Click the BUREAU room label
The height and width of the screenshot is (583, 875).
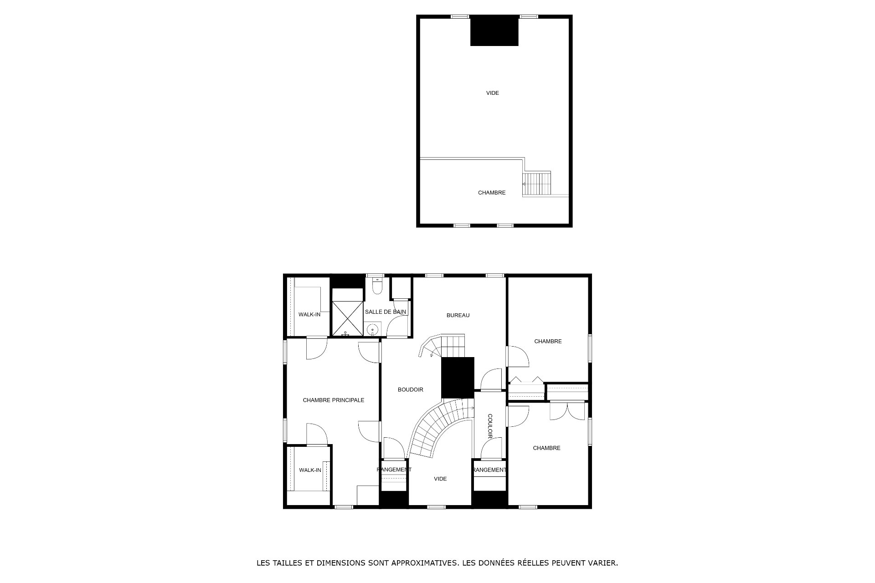pos(458,315)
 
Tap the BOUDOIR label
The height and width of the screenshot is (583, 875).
pos(411,389)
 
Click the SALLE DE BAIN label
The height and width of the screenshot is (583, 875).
pos(386,312)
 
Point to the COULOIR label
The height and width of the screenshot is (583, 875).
pos(490,426)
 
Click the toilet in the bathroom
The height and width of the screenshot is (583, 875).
pos(377,286)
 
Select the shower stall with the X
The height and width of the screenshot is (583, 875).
pos(347,318)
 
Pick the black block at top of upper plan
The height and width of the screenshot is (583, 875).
pos(494,31)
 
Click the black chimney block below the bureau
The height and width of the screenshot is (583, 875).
pos(458,378)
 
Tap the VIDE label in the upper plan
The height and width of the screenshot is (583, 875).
pos(493,93)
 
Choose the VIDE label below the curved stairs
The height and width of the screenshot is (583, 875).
pos(440,479)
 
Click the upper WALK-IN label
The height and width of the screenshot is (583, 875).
pos(309,314)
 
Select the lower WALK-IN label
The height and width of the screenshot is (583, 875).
pos(310,470)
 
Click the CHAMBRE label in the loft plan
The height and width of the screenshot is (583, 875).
pos(492,193)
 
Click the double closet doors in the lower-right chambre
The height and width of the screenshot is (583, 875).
pos(567,411)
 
